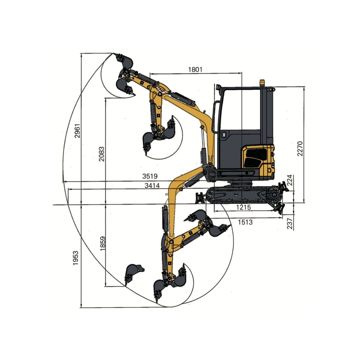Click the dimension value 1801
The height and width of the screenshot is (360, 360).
click(195, 69)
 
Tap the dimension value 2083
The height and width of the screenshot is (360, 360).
click(101, 154)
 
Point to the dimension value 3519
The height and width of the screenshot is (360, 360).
click(150, 176)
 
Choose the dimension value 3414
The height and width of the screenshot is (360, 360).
click(152, 186)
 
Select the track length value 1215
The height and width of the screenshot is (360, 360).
click(244, 207)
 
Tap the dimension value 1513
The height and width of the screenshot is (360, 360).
click(245, 222)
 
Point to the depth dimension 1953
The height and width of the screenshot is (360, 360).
click(76, 258)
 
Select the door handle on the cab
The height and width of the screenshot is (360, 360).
click(224, 134)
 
